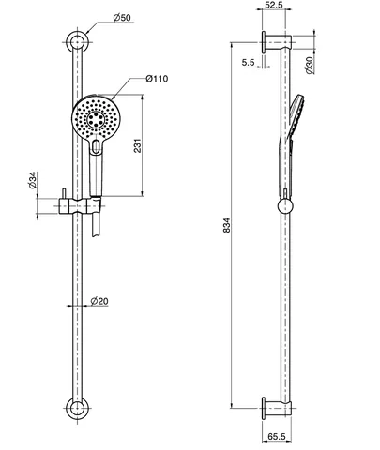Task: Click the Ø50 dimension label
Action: point(122,18)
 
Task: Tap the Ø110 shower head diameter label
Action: point(157,78)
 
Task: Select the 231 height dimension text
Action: point(138,145)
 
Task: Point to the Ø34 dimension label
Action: point(33,180)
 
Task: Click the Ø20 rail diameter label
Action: point(99,301)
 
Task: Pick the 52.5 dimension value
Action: point(274,5)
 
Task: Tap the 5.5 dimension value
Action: point(248,62)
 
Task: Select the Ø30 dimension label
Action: point(309,66)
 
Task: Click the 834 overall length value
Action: point(227,225)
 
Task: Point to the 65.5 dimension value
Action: point(277,436)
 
